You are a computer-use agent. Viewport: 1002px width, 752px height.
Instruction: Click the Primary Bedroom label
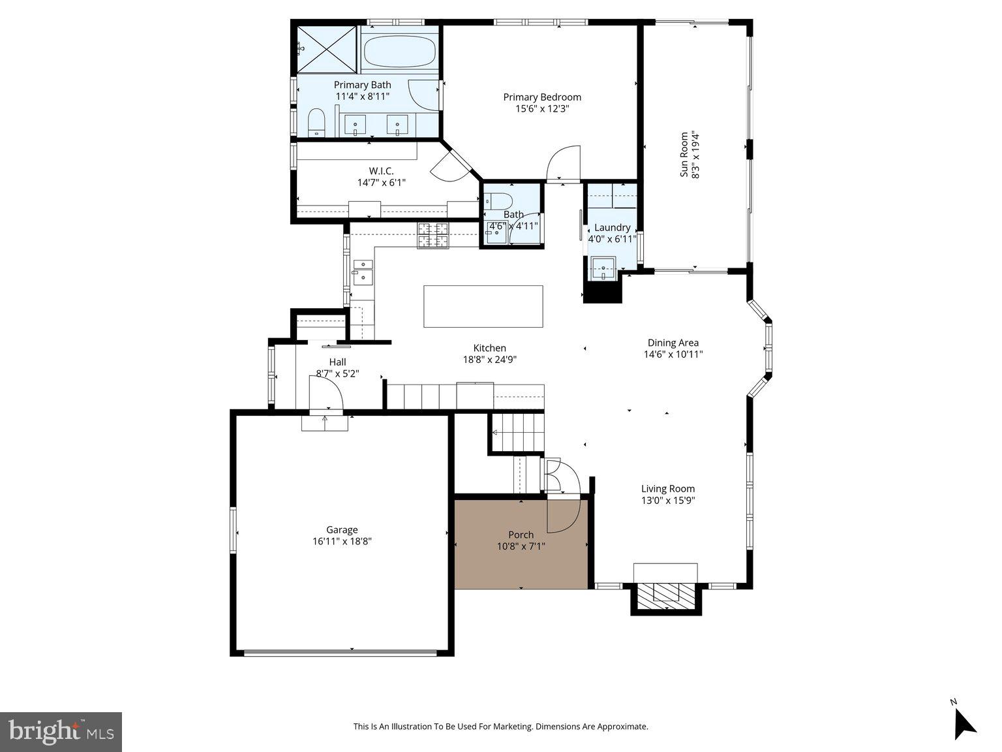(x=541, y=97)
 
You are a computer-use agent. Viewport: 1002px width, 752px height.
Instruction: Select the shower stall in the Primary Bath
(x=327, y=49)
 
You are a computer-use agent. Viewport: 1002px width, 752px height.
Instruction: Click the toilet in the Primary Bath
(x=316, y=123)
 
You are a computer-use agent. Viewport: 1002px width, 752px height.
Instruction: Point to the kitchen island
(x=483, y=306)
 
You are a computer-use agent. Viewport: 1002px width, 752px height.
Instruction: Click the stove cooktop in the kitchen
(x=433, y=236)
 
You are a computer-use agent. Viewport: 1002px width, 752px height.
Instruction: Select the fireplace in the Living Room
(x=666, y=593)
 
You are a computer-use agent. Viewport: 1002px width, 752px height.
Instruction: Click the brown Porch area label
(x=521, y=535)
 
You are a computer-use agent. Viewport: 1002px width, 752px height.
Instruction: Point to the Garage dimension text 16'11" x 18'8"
(x=342, y=541)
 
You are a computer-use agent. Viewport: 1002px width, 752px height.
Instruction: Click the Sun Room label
(x=684, y=155)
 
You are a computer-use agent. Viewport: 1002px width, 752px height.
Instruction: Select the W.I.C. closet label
(x=381, y=171)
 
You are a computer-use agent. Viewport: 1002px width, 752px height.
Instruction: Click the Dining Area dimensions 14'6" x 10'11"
(x=673, y=354)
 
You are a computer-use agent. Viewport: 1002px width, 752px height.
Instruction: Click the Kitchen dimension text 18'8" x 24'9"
(x=489, y=359)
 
